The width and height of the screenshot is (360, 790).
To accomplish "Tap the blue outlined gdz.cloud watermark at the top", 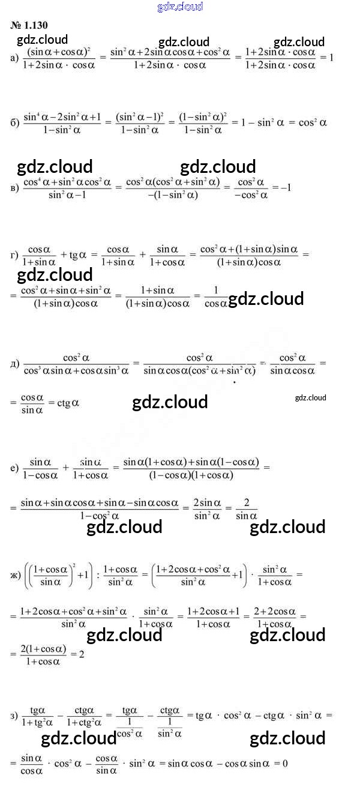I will [x=180, y=7].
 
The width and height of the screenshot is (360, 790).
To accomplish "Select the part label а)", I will [x=15, y=58].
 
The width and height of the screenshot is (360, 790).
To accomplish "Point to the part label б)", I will [x=15, y=122].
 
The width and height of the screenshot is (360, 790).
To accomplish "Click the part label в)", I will [x=15, y=187].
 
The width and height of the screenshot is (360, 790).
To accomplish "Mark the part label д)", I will [x=15, y=364].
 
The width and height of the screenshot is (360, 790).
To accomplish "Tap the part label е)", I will [x=14, y=468].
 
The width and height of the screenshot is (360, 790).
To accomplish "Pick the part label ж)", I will [x=16, y=574].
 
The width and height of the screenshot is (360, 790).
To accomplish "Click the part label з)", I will [x=14, y=716].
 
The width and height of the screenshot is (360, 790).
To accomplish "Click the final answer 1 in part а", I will [x=331, y=58].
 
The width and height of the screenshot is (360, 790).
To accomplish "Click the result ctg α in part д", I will [x=68, y=403].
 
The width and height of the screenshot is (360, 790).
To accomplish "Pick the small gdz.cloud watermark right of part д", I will [x=311, y=397].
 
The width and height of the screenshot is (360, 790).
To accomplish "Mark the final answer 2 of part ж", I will [x=81, y=655].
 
